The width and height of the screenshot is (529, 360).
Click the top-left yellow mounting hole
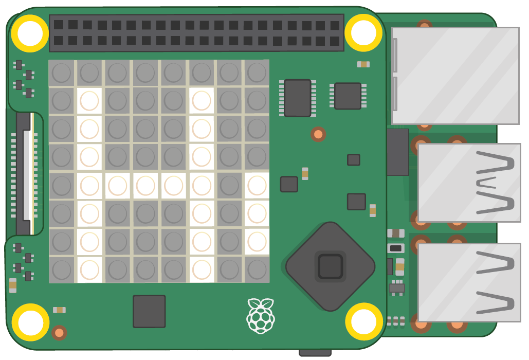[30, 33]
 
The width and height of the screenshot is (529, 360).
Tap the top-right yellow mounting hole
[363, 32]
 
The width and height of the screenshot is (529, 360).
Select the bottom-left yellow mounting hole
[30, 322]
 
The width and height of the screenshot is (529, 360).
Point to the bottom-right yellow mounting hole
[363, 321]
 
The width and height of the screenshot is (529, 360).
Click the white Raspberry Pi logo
[261, 315]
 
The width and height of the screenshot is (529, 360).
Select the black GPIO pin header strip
[196, 32]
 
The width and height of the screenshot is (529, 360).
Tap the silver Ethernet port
[455, 76]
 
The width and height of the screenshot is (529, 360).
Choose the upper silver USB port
[469, 183]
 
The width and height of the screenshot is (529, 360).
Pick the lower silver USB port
[469, 282]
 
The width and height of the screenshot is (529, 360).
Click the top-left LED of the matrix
[62, 73]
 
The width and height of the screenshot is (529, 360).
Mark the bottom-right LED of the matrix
[257, 269]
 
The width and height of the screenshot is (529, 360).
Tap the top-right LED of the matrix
[257, 73]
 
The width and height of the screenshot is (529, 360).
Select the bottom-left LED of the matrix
[62, 269]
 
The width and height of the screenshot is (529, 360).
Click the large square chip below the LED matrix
[149, 311]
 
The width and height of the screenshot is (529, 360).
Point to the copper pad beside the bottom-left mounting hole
[59, 333]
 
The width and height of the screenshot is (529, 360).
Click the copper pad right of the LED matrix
[318, 134]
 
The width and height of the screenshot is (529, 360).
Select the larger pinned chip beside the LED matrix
[298, 98]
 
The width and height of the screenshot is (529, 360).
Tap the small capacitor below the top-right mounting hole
[363, 64]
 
